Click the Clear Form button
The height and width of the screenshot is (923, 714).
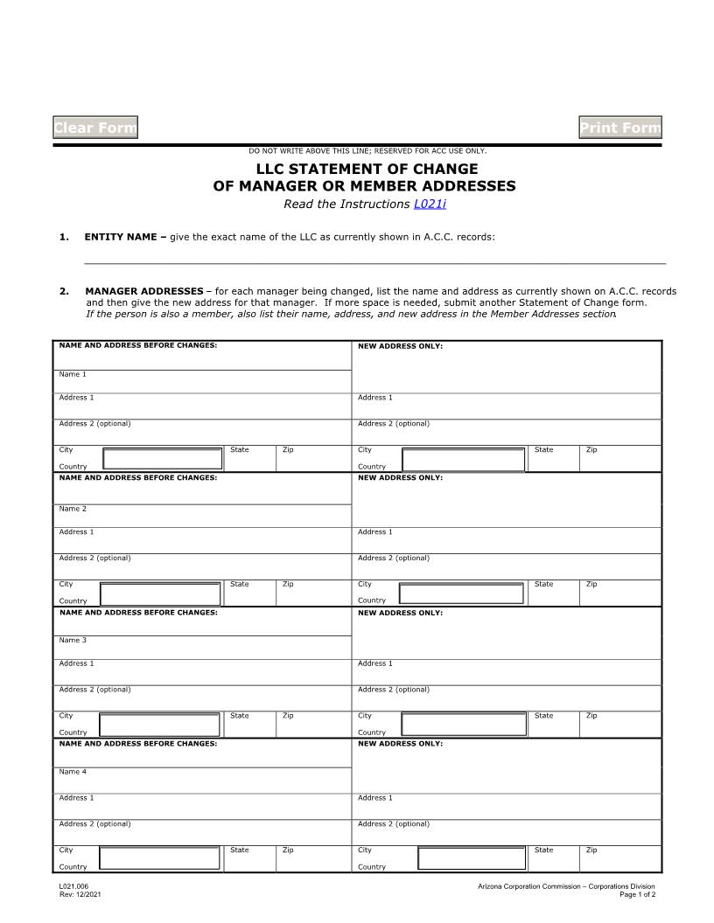(x=95, y=128)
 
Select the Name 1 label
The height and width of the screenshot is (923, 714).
(x=73, y=374)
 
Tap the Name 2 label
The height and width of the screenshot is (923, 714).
(x=73, y=509)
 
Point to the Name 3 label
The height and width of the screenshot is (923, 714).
(x=73, y=640)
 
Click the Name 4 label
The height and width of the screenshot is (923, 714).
(x=73, y=772)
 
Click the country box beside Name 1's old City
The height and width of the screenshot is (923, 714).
(x=163, y=459)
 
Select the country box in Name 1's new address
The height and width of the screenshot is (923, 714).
(x=463, y=460)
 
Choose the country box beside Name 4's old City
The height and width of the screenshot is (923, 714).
(x=159, y=857)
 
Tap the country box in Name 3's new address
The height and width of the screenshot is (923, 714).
(x=463, y=725)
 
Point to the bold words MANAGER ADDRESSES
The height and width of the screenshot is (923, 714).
(x=144, y=291)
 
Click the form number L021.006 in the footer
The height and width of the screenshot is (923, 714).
(x=74, y=886)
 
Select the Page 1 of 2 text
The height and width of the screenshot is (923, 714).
(x=637, y=894)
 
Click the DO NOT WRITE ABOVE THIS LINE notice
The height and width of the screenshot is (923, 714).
(x=367, y=151)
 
